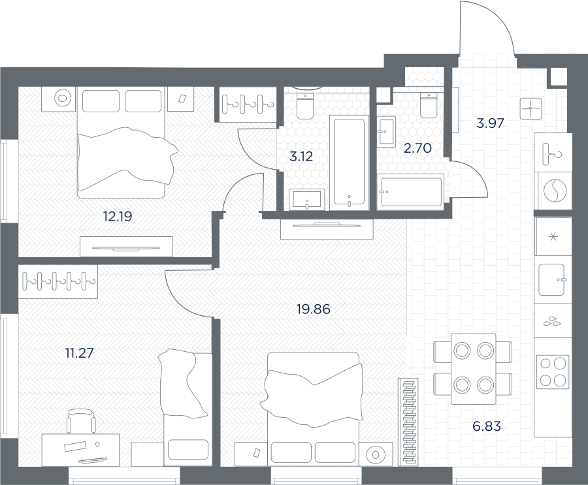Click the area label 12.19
pyautogui.click(x=118, y=216)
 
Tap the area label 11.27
pyautogui.click(x=79, y=352)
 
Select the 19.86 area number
pyautogui.click(x=313, y=309)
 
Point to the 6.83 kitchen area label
pyautogui.click(x=487, y=426)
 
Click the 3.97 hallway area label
pyautogui.click(x=490, y=123)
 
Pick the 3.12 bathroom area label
pyautogui.click(x=301, y=156)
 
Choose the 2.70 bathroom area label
pyautogui.click(x=417, y=148)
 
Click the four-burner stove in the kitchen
pyautogui.click(x=553, y=372)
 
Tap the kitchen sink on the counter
pyautogui.click(x=551, y=279)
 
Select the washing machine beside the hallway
pyautogui.click(x=555, y=191)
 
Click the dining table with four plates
pyautogui.click(x=473, y=368)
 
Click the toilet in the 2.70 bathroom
pyautogui.click(x=429, y=104)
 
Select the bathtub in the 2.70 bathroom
pyautogui.click(x=411, y=191)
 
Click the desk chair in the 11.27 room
pyautogui.click(x=80, y=420)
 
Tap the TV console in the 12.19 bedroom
pyautogui.click(x=126, y=247)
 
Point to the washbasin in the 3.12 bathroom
pyautogui.click(x=307, y=199)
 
